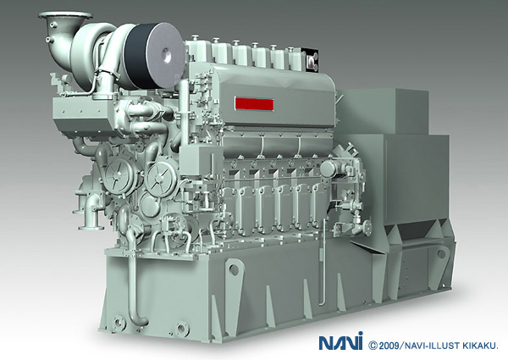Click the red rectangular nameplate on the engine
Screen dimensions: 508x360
(x=254, y=104)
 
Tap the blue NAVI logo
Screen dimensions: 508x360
(x=340, y=342)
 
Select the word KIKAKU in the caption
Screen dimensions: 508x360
(x=480, y=346)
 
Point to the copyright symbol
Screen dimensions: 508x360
(x=373, y=346)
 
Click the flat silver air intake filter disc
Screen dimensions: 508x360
(x=164, y=55)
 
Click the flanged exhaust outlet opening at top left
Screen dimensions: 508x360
(x=65, y=15)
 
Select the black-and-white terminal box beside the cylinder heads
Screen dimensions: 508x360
(x=312, y=59)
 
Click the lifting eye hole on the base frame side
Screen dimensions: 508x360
(x=234, y=269)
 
